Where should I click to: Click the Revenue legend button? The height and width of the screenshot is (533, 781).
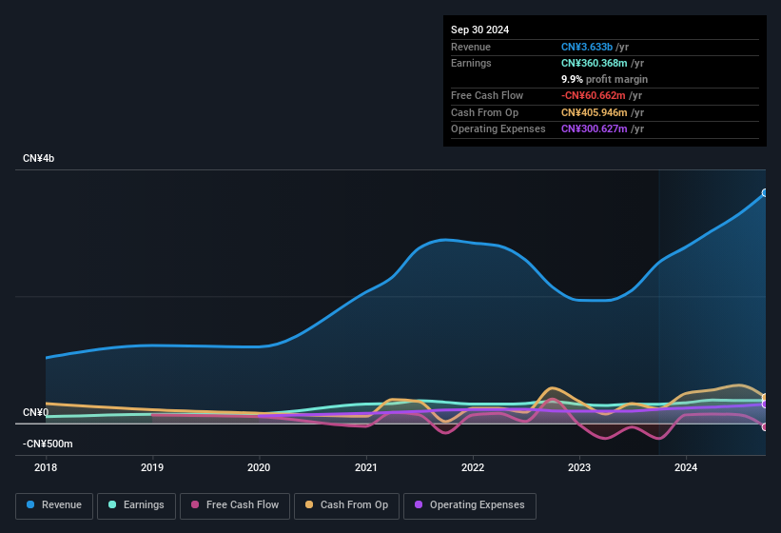pyautogui.click(x=54, y=504)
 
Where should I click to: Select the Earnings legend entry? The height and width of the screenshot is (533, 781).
pyautogui.click(x=137, y=504)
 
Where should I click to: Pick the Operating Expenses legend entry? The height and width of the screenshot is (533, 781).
pyautogui.click(x=469, y=504)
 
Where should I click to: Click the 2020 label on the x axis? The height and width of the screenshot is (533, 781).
pyautogui.click(x=259, y=467)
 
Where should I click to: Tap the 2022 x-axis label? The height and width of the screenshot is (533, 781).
pyautogui.click(x=473, y=467)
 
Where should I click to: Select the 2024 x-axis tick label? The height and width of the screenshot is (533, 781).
pyautogui.click(x=686, y=467)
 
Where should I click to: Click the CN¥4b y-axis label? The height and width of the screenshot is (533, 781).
pyautogui.click(x=39, y=158)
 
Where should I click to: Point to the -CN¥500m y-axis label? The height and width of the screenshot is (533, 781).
pyautogui.click(x=48, y=444)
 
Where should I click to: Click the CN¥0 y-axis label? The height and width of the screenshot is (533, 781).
pyautogui.click(x=35, y=412)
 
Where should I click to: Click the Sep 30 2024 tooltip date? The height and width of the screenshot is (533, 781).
pyautogui.click(x=479, y=30)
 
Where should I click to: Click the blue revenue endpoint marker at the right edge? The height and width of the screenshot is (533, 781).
pyautogui.click(x=765, y=192)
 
